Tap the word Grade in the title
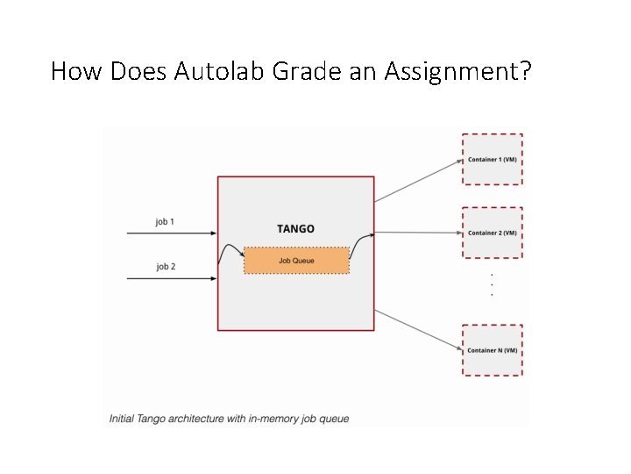(302, 71)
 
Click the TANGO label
(295, 229)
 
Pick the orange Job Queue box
(296, 261)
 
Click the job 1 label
(165, 222)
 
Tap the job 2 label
(165, 267)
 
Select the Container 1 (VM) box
(492, 160)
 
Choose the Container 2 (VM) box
(492, 233)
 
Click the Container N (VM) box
(492, 350)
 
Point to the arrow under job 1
(172, 233)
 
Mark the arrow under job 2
(172, 278)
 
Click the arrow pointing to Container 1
(418, 179)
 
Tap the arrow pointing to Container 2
(418, 233)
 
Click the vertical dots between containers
(492, 284)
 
